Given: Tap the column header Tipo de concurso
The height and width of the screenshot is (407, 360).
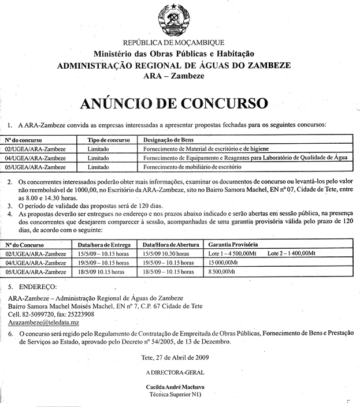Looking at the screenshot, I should (108, 140).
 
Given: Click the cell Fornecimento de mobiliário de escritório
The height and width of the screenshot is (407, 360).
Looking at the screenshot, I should (191, 167).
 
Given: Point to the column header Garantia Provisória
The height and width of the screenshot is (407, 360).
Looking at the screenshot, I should (233, 244).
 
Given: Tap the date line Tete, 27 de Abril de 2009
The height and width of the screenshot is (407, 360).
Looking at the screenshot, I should (175, 357).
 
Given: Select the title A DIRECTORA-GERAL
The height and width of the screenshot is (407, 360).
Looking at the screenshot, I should (175, 372).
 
